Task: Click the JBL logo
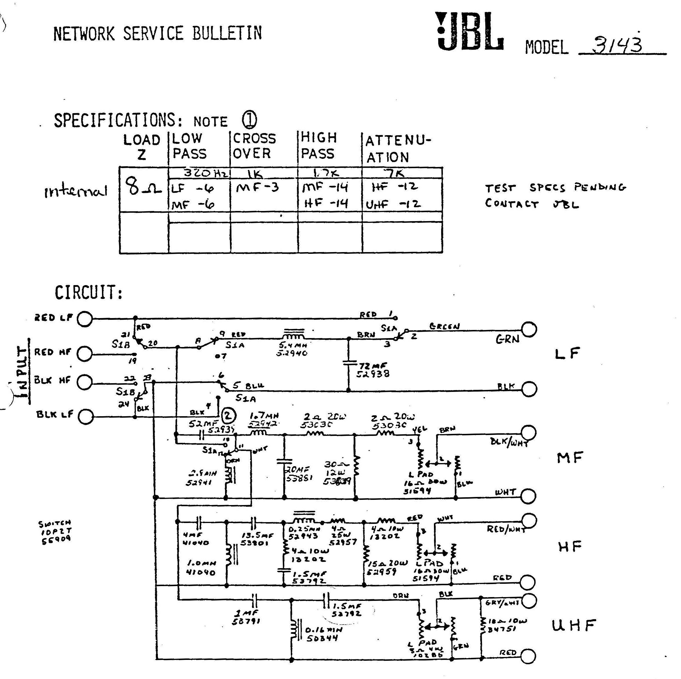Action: pos(470,32)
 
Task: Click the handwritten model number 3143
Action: pos(618,45)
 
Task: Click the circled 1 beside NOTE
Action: pos(250,120)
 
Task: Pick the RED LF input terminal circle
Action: pos(85,319)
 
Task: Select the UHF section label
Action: pos(574,625)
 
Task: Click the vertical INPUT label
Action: pos(23,372)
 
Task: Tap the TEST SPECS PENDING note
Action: pos(555,195)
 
